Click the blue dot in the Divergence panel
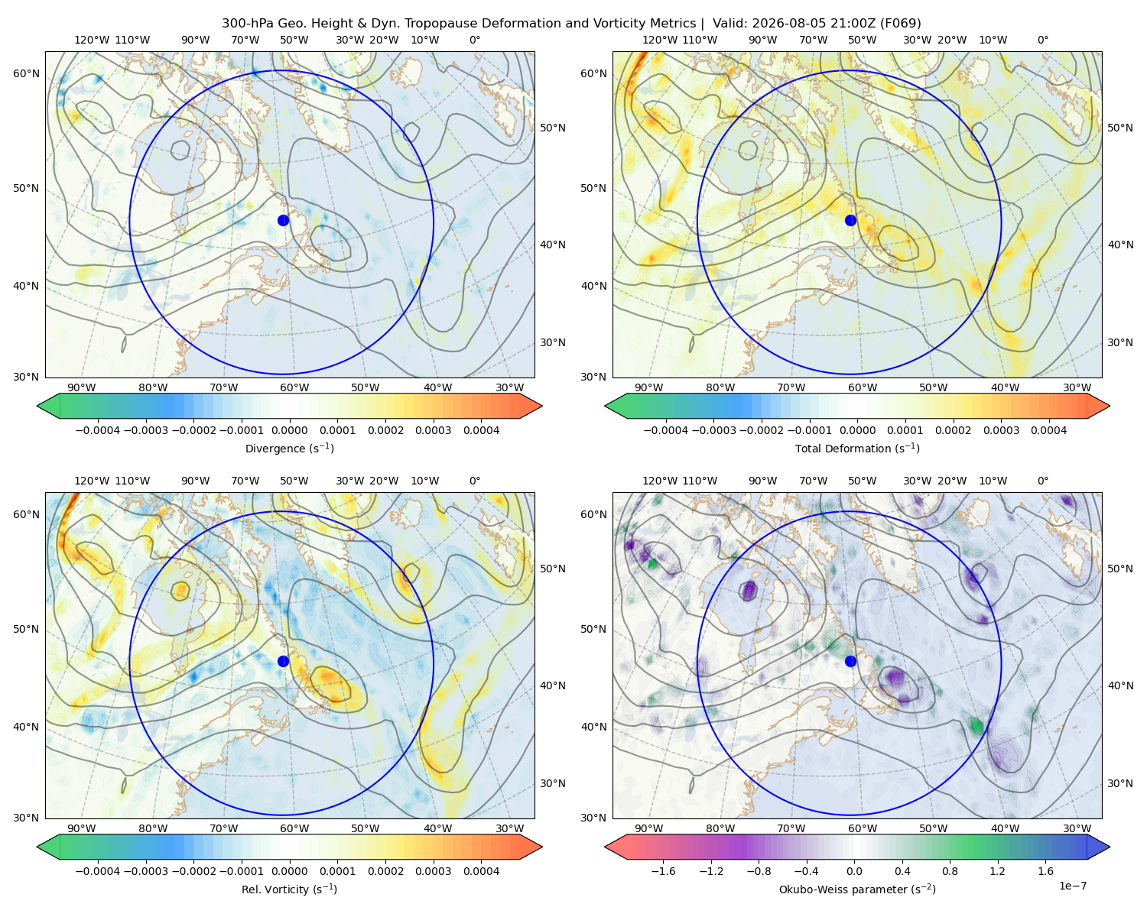pos(283,220)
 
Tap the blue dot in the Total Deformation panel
pos(850,220)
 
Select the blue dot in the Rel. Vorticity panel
pos(283,661)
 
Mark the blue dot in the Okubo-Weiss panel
pos(850,661)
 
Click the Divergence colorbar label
pos(289,449)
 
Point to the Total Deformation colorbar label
pos(857,449)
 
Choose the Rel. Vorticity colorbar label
pos(289,889)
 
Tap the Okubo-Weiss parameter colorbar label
pos(857,889)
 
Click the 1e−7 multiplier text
pos(1072,886)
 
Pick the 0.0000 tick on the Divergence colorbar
pos(289,430)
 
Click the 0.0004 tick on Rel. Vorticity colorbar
pos(481,871)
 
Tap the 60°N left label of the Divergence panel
pos(26,73)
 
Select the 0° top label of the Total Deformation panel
pos(1042,40)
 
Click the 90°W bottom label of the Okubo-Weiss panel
pos(648,828)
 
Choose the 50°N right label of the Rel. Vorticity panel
pos(553,569)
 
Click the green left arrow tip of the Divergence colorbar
pos(37,406)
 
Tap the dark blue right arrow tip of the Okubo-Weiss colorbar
pos(1110,847)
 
